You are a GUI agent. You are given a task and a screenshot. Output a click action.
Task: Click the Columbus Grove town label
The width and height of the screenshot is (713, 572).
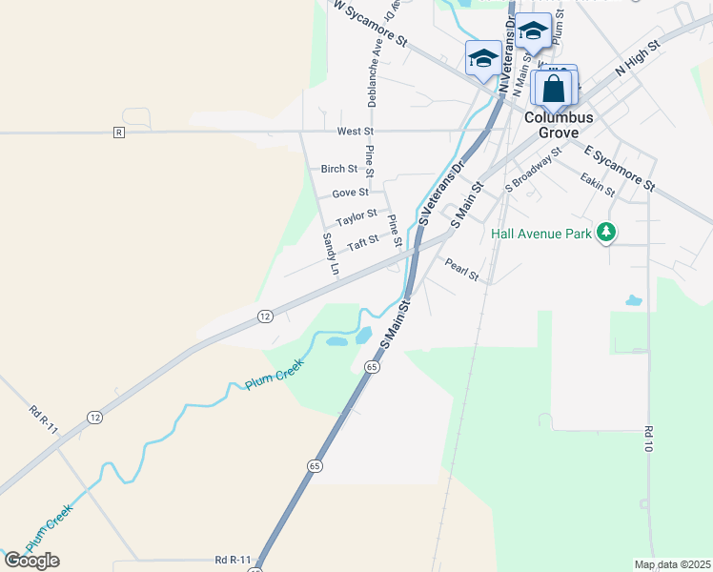coord(560,124)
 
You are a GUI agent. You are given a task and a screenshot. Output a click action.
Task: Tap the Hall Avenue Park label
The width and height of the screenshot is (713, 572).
coord(541,233)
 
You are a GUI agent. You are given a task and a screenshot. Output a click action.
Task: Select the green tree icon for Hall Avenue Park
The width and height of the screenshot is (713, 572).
coord(605,233)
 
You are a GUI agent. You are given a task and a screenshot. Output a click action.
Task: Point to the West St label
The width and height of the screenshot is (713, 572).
coord(356,131)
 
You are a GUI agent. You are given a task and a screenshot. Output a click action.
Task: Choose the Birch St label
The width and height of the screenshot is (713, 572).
coord(338,169)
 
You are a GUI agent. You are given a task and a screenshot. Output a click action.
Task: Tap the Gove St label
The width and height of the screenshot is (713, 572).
coord(350,193)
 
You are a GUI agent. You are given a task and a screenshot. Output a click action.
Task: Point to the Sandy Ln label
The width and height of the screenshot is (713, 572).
coord(330,254)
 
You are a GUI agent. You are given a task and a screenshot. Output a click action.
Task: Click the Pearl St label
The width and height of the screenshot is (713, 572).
coord(460,270)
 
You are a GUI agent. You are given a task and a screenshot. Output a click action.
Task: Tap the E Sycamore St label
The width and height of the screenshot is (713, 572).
coord(621,168)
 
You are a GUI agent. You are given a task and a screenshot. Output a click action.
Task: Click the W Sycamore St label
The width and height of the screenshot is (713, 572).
coord(370,24)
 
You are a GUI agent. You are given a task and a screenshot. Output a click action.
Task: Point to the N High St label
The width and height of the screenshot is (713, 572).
coord(638,58)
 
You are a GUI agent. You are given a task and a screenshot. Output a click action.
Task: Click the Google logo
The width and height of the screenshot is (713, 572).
coord(31,560)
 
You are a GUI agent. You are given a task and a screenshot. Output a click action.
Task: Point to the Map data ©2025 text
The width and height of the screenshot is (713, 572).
coord(672,564)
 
